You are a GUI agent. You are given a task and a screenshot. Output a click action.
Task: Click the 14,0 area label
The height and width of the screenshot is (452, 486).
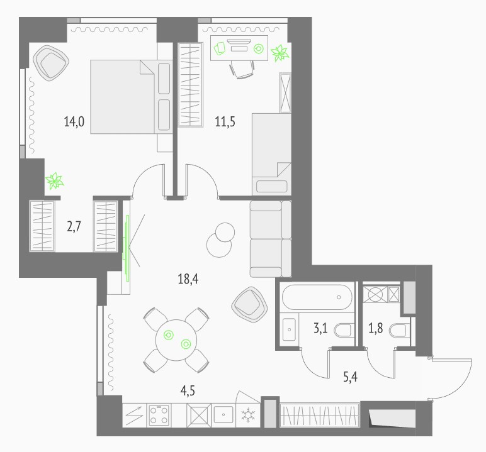point(74,121)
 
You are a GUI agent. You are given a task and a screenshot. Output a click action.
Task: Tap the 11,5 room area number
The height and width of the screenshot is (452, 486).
point(225,121)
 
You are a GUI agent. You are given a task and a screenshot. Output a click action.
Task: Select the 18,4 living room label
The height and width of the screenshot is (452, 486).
point(188,278)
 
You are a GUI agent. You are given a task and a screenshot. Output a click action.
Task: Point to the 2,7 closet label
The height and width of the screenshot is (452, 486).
point(74,226)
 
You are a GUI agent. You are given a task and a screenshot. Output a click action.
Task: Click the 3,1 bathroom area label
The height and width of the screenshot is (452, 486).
point(320,328)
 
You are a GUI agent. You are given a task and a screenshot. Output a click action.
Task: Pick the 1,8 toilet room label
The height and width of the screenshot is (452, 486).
point(375,328)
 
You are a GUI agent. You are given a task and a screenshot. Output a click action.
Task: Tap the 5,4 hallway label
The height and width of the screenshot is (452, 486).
point(350,377)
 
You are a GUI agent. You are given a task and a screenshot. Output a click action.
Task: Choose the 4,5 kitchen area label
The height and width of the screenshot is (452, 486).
point(188,390)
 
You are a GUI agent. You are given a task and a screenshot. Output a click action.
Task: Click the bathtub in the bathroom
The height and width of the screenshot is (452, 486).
point(317,297)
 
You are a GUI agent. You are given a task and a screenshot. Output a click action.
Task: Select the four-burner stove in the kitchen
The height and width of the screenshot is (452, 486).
point(159,415)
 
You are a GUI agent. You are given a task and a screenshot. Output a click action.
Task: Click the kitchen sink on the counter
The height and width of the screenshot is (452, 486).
point(223,414)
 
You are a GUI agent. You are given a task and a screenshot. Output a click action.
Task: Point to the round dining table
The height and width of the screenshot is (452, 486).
point(176,340)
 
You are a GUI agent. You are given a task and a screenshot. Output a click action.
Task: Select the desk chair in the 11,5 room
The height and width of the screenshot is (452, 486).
point(242,69)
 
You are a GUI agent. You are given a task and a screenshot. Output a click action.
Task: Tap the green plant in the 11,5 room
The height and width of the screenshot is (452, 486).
point(280,53)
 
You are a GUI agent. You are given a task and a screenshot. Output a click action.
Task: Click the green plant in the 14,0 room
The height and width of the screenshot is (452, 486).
point(55,181)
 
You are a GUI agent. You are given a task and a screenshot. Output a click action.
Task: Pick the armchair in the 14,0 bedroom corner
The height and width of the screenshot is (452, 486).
point(51,63)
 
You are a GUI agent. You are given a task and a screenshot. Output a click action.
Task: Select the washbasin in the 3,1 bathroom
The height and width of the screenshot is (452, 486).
point(289,329)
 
